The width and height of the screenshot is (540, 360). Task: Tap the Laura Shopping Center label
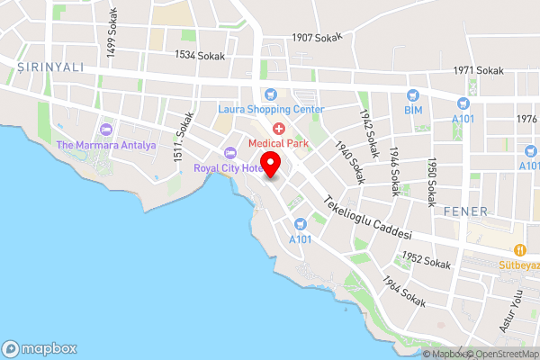pyautogui.click(x=271, y=109)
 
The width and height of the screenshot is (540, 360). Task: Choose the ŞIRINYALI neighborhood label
pyautogui.click(x=52, y=66)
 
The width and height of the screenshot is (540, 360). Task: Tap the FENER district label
pyautogui.click(x=465, y=211)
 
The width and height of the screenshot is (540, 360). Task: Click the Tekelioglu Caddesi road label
pyautogui.click(x=368, y=217)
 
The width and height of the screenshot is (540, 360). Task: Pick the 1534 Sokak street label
pyautogui.click(x=201, y=55)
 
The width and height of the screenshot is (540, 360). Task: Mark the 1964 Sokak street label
pyautogui.click(x=402, y=292)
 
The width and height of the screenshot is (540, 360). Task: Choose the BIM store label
pyautogui.click(x=413, y=110)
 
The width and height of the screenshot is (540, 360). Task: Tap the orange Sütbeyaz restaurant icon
pyautogui.click(x=519, y=250)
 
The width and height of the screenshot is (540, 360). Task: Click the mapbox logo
pyautogui.click(x=39, y=348)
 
